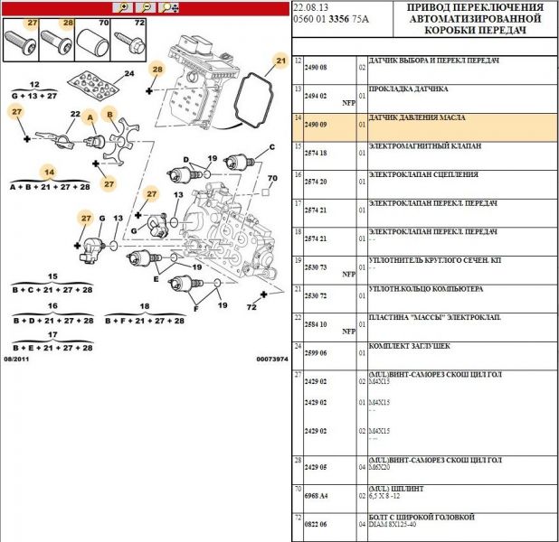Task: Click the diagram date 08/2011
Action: [x=17, y=359]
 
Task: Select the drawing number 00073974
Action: [x=270, y=359]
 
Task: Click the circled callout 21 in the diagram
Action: [x=279, y=61]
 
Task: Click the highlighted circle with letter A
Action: [x=90, y=117]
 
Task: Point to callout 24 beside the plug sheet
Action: [x=128, y=74]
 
